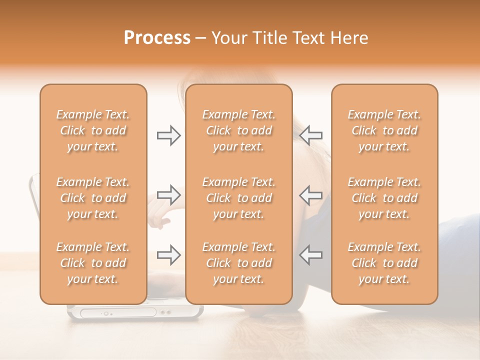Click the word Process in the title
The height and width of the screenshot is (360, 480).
157,38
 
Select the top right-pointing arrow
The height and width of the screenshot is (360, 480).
168,135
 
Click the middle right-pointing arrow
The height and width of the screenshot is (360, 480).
168,194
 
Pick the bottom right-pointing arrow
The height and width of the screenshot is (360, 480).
168,255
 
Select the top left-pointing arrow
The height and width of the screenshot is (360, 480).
311,135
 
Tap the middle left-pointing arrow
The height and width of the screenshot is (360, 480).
311,194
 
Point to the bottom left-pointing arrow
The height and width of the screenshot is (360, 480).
311,255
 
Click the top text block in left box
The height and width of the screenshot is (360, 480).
93,130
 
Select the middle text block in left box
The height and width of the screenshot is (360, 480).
93,198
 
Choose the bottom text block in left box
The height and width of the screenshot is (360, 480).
93,263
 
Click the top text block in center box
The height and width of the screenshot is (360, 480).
238,130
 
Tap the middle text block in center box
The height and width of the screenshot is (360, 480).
238,198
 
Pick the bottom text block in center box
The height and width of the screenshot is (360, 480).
238,263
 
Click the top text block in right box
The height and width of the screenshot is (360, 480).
384,130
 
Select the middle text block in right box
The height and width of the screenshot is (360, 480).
384,198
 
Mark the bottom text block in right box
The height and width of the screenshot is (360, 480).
384,263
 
